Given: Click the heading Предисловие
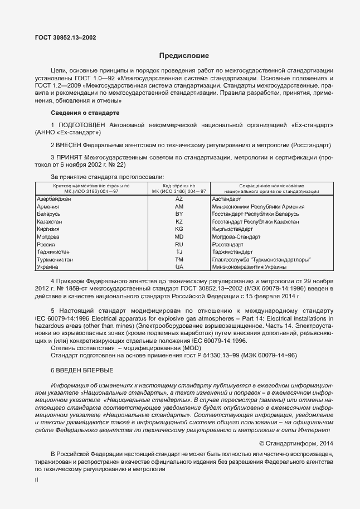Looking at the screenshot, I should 184,56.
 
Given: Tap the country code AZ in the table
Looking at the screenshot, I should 179,199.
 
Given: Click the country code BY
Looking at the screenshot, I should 179,214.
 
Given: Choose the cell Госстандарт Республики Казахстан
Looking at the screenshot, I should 256,222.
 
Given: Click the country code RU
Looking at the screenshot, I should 179,244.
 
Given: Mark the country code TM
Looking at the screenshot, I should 179,260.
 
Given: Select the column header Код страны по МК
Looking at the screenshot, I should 179,188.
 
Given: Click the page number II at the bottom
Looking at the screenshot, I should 36,478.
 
